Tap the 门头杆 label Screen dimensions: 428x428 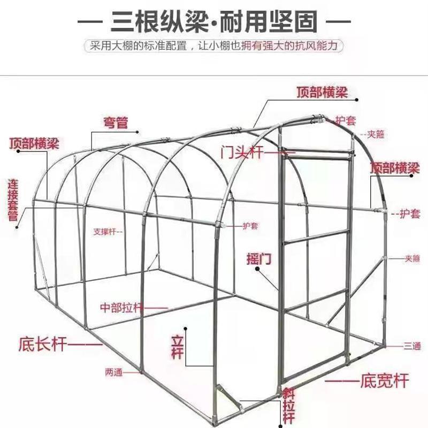pyautogui.click(x=242, y=152)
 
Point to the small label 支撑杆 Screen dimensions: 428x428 pyautogui.click(x=104, y=232)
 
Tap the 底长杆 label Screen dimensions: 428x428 pyautogui.click(x=43, y=343)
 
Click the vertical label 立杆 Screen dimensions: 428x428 pyautogui.click(x=177, y=346)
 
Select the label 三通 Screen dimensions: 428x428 pyautogui.click(x=412, y=346)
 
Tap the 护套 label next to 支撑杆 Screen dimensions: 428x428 pyautogui.click(x=250, y=226)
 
